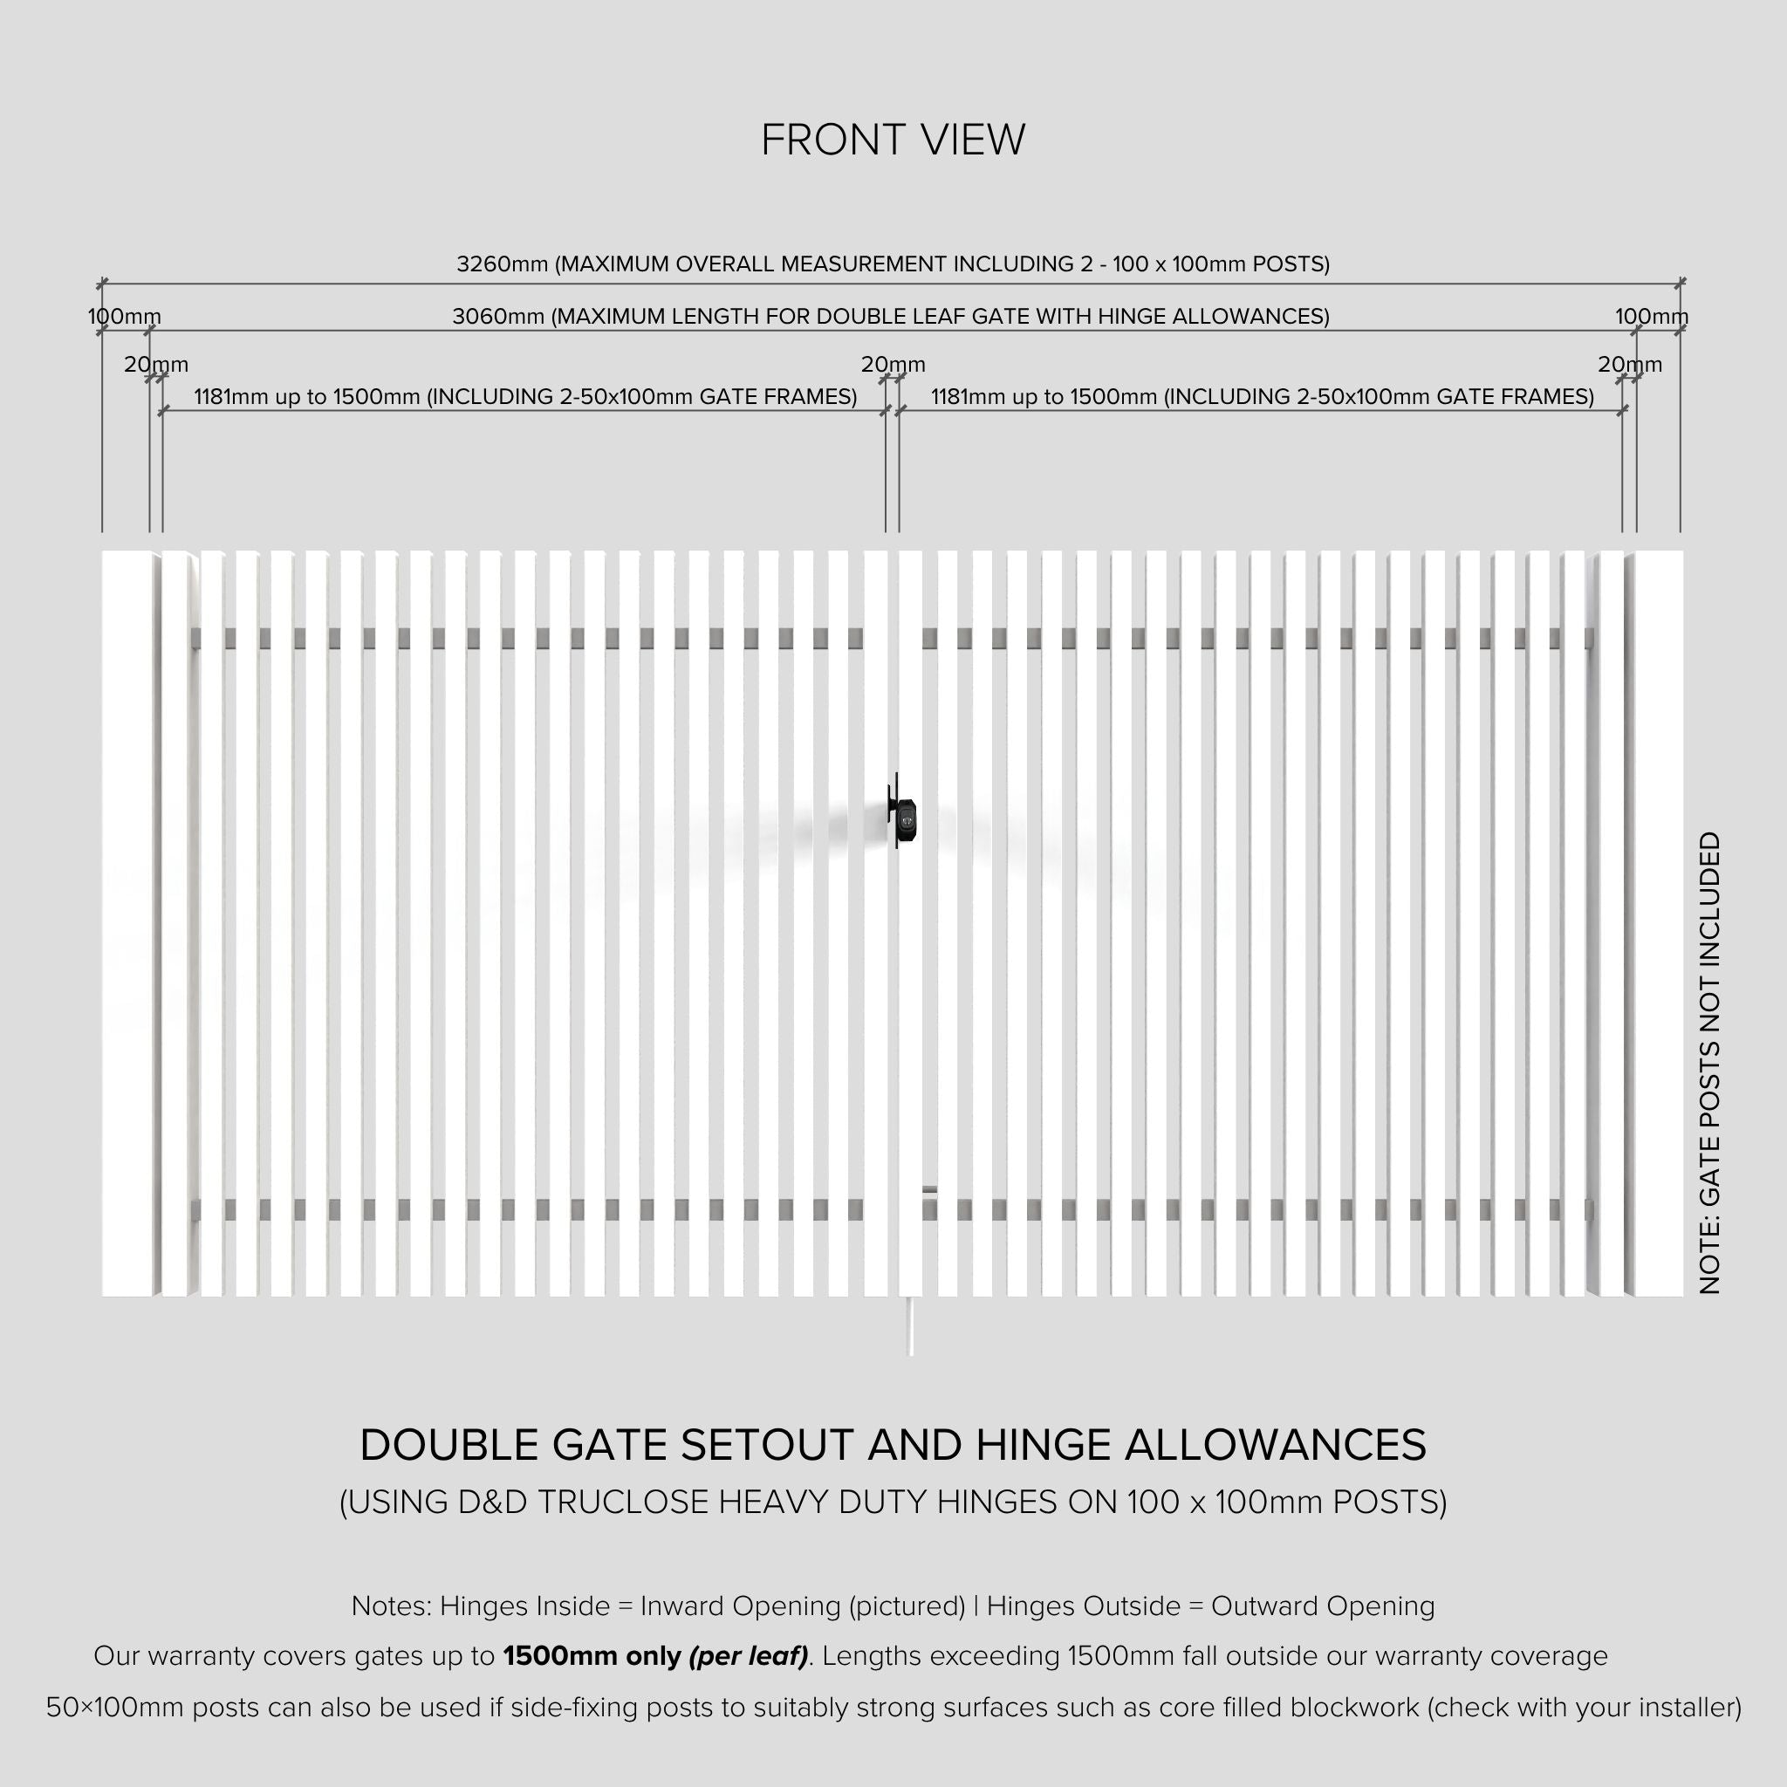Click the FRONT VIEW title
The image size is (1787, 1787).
893,140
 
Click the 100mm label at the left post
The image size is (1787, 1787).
124,318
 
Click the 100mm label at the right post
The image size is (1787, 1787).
1651,318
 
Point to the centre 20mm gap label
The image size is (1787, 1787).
893,366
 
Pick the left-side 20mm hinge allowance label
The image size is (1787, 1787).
155,366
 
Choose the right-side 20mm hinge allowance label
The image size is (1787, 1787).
1630,366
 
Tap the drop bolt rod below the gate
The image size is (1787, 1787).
911,1325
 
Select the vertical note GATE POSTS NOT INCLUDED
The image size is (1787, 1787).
1710,1063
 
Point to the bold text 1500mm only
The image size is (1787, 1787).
592,1655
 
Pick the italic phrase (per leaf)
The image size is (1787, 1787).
749,1655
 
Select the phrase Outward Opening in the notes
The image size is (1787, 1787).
1323,1606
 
